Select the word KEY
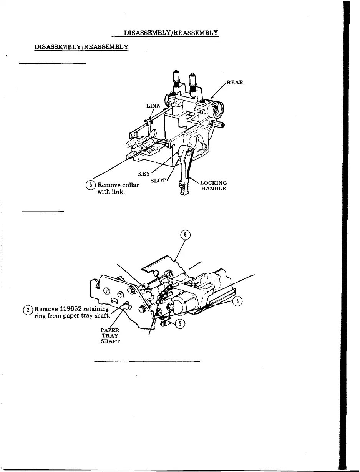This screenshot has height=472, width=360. pos(144,174)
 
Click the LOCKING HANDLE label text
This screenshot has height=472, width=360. pos(214,186)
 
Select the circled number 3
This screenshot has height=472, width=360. pos(238,302)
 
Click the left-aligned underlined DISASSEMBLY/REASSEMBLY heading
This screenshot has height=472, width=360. pos(81,47)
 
